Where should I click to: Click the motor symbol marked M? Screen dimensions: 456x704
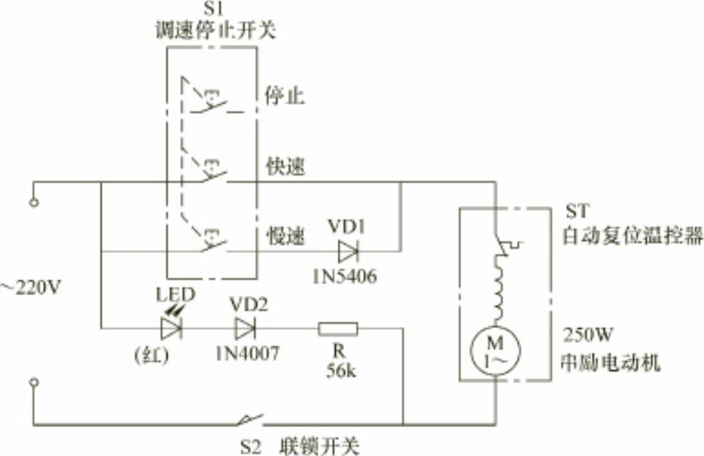(495, 350)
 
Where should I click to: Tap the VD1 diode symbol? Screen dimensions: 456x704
(347, 251)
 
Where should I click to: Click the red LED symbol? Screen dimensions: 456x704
(171, 328)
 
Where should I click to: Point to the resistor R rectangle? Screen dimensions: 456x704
(338, 328)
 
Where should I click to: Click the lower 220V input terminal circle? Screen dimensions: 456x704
(34, 382)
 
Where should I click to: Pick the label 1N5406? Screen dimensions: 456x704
(345, 277)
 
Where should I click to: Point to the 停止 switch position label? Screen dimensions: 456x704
(284, 98)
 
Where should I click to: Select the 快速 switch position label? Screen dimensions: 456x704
(285, 166)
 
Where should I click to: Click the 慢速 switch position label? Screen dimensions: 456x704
(285, 237)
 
